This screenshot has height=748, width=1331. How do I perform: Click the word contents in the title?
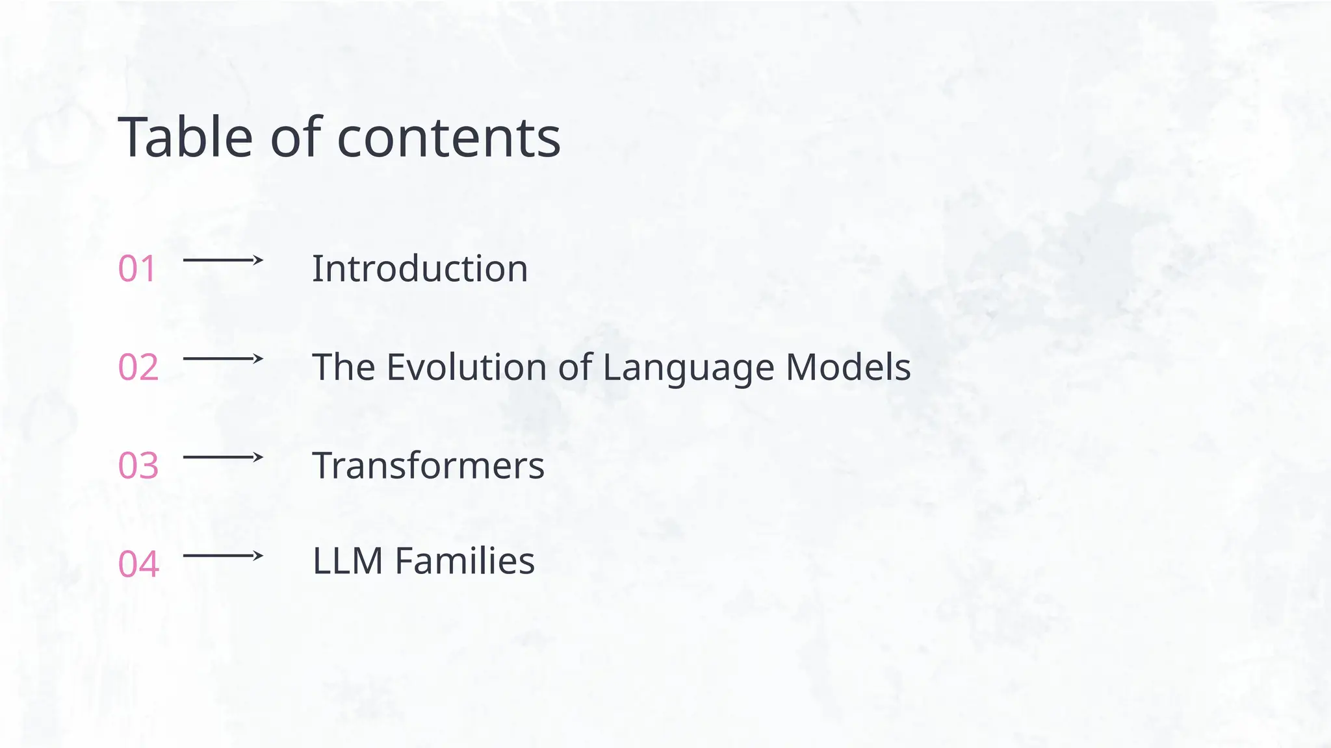(448, 138)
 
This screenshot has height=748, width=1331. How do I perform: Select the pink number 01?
(137, 269)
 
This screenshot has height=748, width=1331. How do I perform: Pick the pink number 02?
(138, 368)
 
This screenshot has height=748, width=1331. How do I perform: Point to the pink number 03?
(138, 466)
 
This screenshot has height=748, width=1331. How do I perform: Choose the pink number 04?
(138, 564)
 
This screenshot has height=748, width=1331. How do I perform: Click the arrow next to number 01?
(223, 260)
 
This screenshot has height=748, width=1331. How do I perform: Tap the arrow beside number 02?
(223, 358)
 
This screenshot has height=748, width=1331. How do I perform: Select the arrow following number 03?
(223, 457)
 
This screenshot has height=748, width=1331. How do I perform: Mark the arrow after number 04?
(223, 556)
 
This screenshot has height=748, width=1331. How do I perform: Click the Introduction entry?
(420, 269)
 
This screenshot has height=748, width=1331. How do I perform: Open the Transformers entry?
(428, 466)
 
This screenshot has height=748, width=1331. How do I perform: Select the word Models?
(848, 368)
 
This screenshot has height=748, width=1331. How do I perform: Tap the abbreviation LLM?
(348, 561)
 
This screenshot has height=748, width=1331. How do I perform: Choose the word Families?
(465, 561)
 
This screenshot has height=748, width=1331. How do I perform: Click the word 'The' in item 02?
(343, 368)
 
